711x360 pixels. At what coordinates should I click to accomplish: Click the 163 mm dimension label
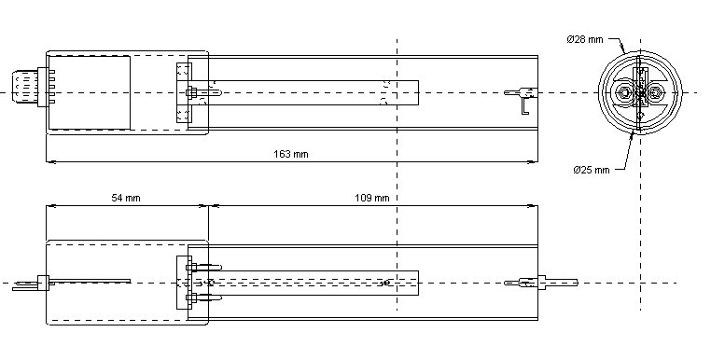292,154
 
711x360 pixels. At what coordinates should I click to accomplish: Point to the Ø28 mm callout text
584,39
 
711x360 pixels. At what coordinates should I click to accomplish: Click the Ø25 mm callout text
591,170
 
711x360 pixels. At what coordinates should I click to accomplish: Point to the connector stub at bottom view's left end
28,282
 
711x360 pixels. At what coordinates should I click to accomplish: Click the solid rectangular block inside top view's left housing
89,91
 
